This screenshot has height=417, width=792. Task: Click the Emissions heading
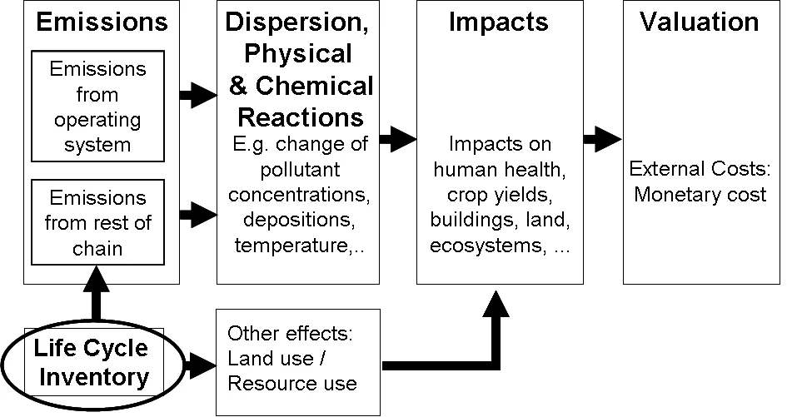click(x=102, y=23)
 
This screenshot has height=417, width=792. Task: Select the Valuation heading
click(x=699, y=22)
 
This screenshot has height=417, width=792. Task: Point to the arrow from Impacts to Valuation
click(x=601, y=139)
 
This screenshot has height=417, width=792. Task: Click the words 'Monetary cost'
click(x=700, y=196)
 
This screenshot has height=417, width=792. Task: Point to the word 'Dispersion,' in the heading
click(x=297, y=22)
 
